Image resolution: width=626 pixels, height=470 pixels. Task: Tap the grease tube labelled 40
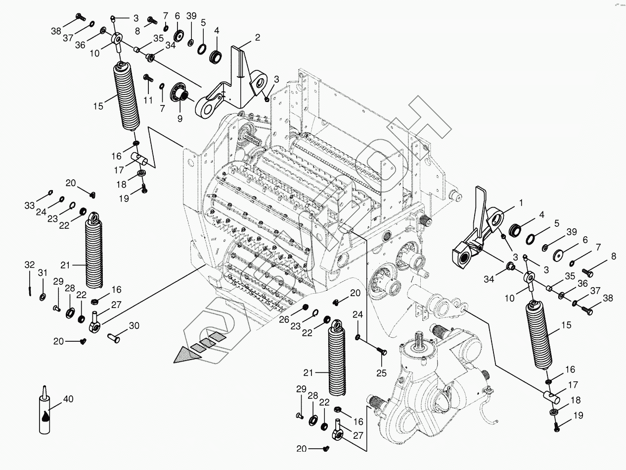[45, 414]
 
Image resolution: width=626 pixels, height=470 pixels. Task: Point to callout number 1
[520, 203]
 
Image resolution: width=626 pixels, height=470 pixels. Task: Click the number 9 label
[179, 118]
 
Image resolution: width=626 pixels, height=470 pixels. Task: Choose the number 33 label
[30, 205]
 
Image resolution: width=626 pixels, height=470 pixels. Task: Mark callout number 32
[30, 265]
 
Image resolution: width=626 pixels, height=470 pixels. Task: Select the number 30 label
[134, 326]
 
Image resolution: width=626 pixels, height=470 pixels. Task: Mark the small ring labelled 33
[50, 193]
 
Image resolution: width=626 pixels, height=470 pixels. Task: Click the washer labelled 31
[43, 297]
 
